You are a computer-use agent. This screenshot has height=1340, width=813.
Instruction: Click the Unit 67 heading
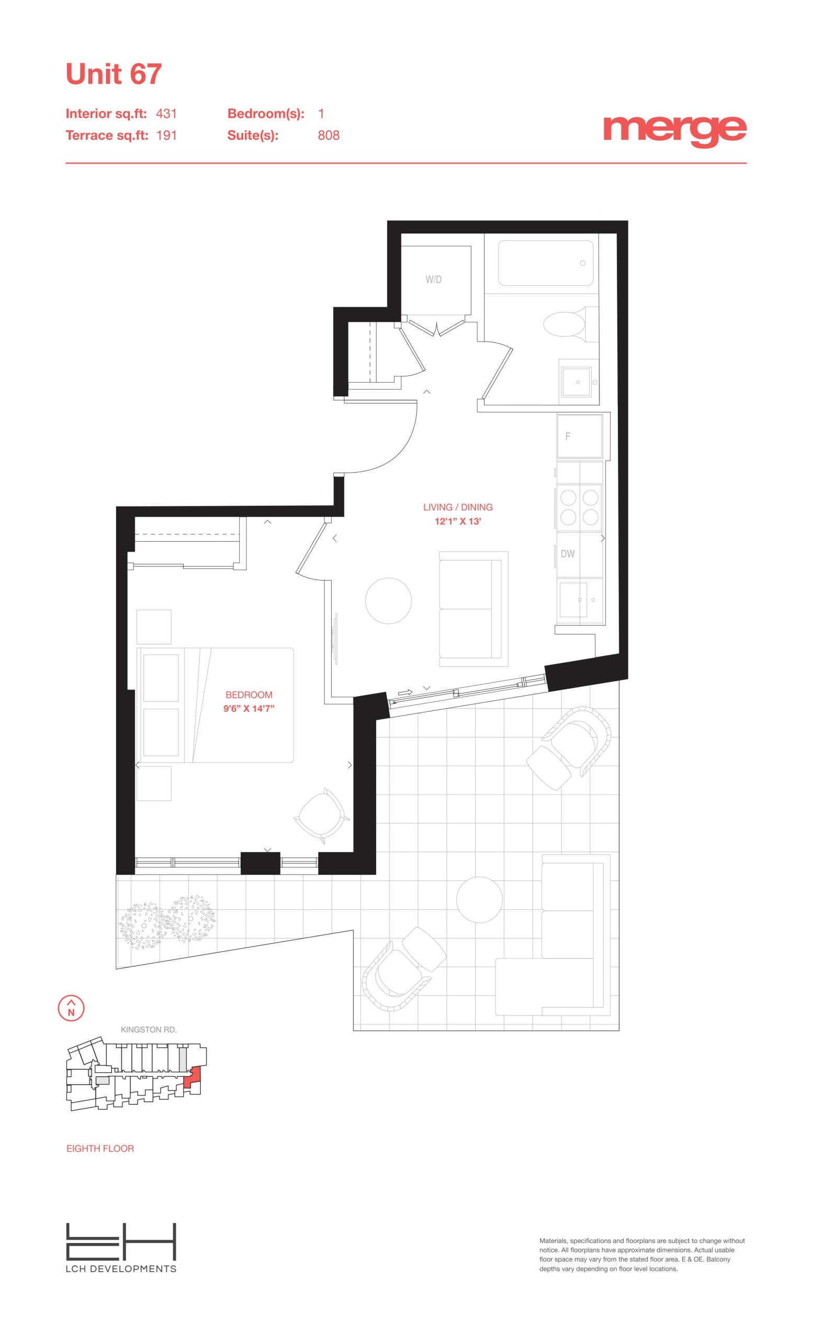[x=114, y=74]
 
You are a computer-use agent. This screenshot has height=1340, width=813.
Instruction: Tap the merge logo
[x=674, y=130]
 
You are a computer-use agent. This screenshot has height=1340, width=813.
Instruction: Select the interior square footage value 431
[x=166, y=114]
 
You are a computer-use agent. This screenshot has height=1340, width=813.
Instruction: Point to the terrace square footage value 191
[x=166, y=136]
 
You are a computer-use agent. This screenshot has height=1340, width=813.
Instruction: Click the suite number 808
[x=328, y=136]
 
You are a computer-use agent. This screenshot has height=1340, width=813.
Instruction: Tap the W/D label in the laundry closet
[x=434, y=280]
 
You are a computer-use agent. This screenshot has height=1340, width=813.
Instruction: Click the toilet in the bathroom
[x=566, y=324]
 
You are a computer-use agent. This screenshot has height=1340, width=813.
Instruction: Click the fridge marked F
[x=580, y=435]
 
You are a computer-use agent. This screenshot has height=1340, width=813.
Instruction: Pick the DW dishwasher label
[x=567, y=554]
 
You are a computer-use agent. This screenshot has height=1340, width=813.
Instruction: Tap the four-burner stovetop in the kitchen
[x=579, y=507]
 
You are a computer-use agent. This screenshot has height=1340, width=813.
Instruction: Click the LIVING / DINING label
[x=458, y=507]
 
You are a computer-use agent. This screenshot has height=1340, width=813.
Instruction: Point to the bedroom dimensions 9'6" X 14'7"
[x=249, y=709]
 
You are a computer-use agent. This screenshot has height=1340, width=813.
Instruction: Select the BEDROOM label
[x=249, y=695]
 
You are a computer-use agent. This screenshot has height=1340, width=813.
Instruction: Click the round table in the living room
[x=388, y=600]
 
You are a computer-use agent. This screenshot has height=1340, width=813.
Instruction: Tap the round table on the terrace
[x=479, y=899]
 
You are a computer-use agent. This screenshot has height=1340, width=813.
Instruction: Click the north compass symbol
[x=71, y=1007]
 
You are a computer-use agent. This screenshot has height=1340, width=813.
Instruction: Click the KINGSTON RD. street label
[x=149, y=1030]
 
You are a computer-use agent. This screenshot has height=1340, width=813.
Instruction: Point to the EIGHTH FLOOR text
[x=100, y=1148]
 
